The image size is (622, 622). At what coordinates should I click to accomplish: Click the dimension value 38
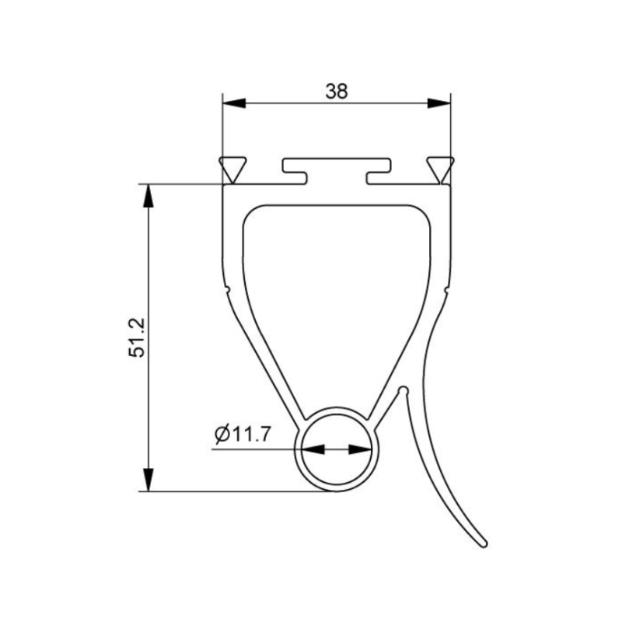pyautogui.click(x=336, y=91)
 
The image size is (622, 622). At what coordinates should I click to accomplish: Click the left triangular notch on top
pyautogui.click(x=232, y=166)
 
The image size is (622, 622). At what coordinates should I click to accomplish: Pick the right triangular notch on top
pyautogui.click(x=440, y=166)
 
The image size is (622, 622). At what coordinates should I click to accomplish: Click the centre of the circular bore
pyautogui.click(x=337, y=449)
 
